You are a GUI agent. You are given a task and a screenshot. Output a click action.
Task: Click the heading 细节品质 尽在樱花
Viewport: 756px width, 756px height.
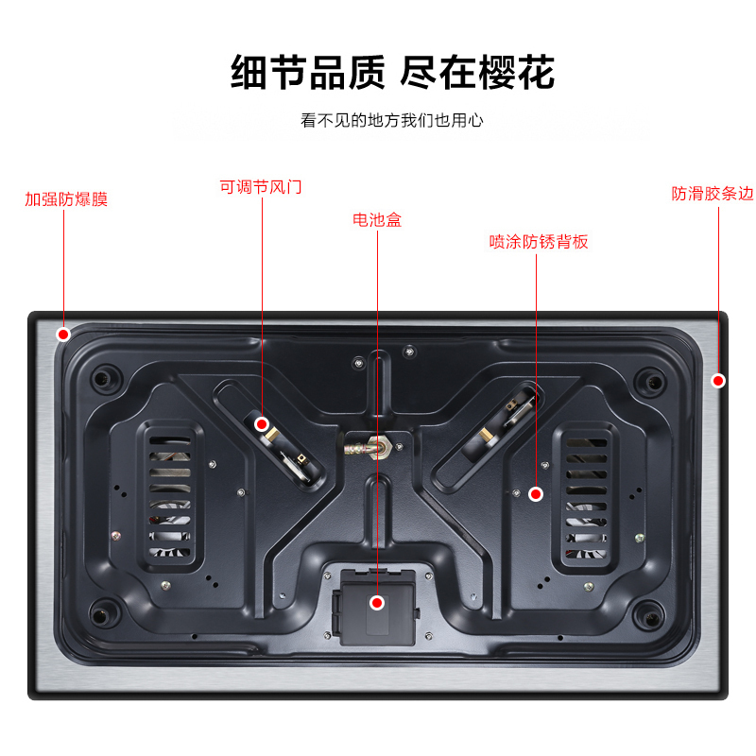point(392,72)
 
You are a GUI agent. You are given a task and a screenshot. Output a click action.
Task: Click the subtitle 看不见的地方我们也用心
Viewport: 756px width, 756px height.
point(392,121)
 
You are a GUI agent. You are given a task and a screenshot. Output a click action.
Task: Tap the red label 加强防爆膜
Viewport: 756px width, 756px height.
point(66,199)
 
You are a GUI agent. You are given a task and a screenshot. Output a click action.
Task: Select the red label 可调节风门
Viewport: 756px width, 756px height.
point(261,187)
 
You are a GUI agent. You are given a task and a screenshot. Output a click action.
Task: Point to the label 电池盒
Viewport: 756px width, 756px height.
point(377,219)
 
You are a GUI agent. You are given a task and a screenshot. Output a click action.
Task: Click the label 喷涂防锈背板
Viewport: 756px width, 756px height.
point(539,242)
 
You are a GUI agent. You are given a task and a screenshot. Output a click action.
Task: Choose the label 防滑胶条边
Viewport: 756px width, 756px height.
point(713,194)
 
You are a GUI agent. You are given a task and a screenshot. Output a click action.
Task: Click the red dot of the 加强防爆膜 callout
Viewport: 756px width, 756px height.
point(63,335)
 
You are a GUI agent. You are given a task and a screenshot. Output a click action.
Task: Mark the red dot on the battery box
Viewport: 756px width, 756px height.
point(377,602)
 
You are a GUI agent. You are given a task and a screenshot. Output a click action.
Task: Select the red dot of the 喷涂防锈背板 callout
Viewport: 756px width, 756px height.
point(535,493)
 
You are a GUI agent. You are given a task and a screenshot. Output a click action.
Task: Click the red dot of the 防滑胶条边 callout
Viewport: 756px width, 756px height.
point(718,381)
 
